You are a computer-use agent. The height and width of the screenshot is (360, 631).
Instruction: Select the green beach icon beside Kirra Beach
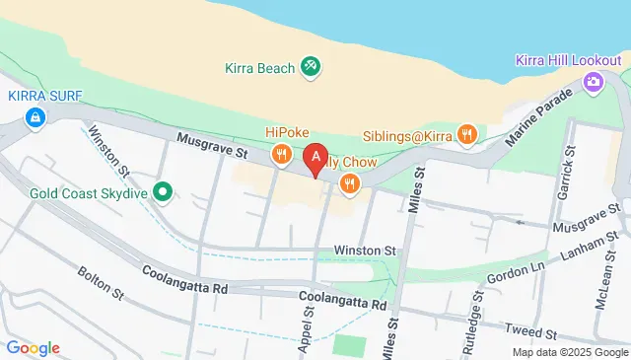pyautogui.click(x=312, y=67)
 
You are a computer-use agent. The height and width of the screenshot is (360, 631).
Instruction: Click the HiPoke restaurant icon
pyautogui.click(x=282, y=153)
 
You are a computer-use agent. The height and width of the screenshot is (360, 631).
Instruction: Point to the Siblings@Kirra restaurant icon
pyautogui.click(x=467, y=134)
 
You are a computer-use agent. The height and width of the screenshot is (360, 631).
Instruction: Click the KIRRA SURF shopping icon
pyautogui.click(x=35, y=119)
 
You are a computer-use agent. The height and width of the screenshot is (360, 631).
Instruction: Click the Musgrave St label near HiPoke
pyautogui.click(x=211, y=146)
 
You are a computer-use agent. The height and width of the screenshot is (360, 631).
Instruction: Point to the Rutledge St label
pyautogui.click(x=478, y=307)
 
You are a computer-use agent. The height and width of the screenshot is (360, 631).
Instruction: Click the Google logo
pyautogui.click(x=33, y=347)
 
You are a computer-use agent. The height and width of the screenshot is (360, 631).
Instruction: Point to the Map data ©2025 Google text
pyautogui.click(x=569, y=352)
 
